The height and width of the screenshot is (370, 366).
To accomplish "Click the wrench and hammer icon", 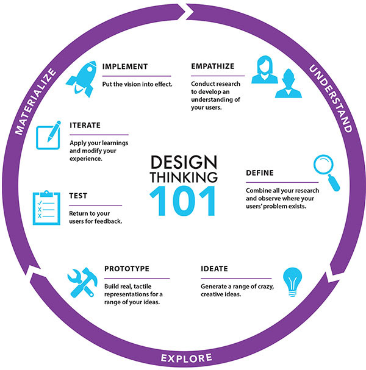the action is pyautogui.click(x=82, y=281).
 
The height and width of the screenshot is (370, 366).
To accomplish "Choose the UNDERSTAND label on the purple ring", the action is pyautogui.click(x=330, y=98).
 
